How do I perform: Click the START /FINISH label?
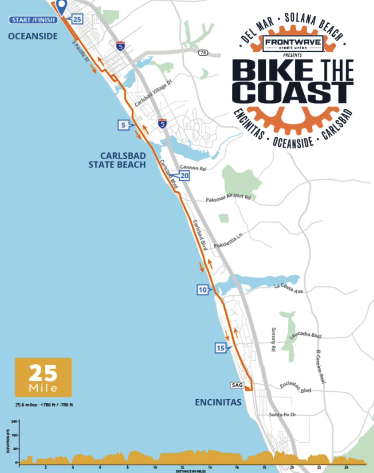pyautogui.click(x=33, y=20)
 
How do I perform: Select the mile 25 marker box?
pyautogui.click(x=77, y=19)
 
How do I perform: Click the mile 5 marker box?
pyautogui.click(x=123, y=125)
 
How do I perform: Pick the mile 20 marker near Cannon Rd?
pyautogui.click(x=184, y=176)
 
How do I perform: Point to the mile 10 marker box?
pyautogui.click(x=202, y=290)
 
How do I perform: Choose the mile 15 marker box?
pyautogui.click(x=220, y=348)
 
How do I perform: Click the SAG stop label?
pyautogui.click(x=237, y=385)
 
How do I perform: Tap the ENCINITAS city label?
pyautogui.click(x=218, y=402)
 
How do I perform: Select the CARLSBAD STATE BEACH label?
pyautogui.click(x=118, y=160)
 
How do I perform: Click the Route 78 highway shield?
pyautogui.click(x=203, y=53)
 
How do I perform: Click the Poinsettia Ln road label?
pyautogui.click(x=228, y=241)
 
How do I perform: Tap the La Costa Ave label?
pyautogui.click(x=288, y=288)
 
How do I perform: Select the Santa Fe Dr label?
pyautogui.click(x=282, y=414)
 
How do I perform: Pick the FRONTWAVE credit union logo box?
pyautogui.click(x=293, y=43)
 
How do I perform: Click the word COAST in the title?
pyautogui.click(x=293, y=92)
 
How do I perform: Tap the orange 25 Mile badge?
pyautogui.click(x=43, y=377)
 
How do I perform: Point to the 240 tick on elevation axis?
pyautogui.click(x=14, y=421)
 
